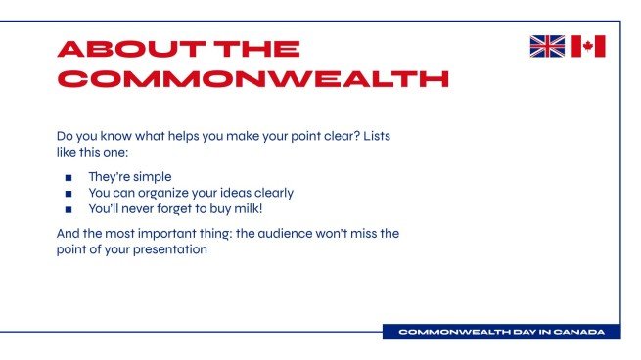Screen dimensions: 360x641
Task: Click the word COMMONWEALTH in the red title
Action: pyautogui.click(x=253, y=79)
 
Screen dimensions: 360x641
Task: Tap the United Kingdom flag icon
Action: pyautogui.click(x=547, y=46)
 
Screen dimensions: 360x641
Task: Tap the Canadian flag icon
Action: pyautogui.click(x=588, y=46)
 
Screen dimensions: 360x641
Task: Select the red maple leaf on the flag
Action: pyautogui.click(x=588, y=46)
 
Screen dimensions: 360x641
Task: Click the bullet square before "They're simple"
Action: pyautogui.click(x=69, y=178)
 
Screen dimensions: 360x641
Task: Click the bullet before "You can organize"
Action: pyautogui.click(x=69, y=194)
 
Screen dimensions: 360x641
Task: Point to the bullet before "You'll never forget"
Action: pyautogui.click(x=69, y=209)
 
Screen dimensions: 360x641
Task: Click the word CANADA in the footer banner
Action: pyautogui.click(x=579, y=333)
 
